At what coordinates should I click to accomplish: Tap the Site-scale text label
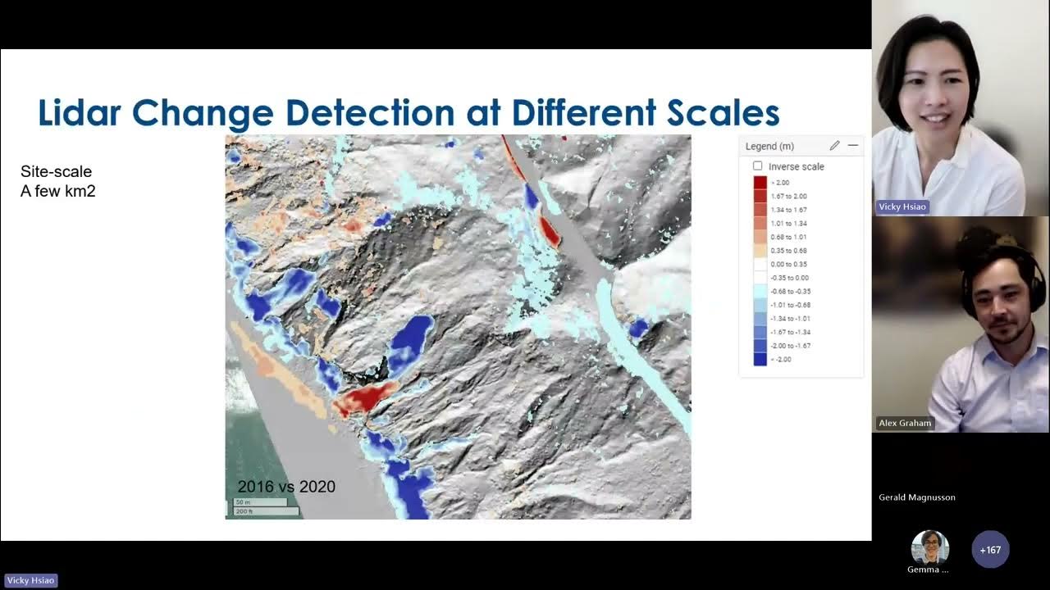[56, 172]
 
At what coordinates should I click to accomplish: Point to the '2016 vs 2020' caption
[286, 487]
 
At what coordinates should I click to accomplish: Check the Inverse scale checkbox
[757, 166]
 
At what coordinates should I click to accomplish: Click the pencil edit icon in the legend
[834, 146]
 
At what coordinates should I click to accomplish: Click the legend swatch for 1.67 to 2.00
[760, 196]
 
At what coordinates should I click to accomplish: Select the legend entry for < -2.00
[760, 359]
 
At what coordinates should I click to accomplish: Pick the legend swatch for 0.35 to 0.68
[760, 250]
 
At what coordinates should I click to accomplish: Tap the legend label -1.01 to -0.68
[788, 305]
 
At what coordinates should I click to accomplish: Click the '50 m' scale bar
[260, 501]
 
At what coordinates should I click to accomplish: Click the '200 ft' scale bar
[265, 511]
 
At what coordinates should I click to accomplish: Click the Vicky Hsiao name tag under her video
[902, 206]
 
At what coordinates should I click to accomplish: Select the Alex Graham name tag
[905, 423]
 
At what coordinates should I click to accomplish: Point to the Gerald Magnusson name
[916, 497]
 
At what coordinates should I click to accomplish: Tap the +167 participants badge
[990, 550]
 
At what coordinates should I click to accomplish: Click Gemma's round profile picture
[929, 547]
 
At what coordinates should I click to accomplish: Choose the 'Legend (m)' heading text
[769, 147]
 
